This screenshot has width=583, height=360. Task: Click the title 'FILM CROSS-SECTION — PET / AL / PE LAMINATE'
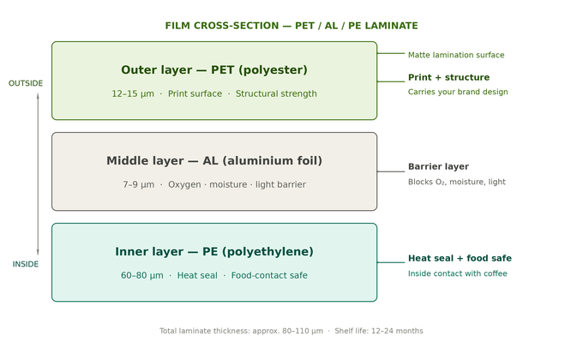click(291, 26)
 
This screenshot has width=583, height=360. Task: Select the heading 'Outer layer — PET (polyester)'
click(214, 70)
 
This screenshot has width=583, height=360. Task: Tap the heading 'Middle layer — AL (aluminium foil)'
click(214, 161)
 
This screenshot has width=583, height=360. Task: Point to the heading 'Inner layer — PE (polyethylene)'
click(214, 252)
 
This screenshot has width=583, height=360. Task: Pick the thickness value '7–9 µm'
click(139, 185)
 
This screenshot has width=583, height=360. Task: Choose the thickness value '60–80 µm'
click(142, 276)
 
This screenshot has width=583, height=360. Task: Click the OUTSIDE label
click(26, 83)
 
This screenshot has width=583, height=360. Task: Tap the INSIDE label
click(26, 264)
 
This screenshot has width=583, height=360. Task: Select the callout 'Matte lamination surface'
click(456, 55)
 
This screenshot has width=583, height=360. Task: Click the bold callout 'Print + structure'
click(448, 77)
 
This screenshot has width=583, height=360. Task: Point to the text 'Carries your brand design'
click(458, 92)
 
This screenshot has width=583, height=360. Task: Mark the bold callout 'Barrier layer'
click(438, 167)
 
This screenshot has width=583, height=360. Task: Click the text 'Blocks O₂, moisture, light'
click(457, 182)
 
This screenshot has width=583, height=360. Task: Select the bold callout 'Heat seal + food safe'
click(460, 258)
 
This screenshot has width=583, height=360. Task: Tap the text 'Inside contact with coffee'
click(457, 273)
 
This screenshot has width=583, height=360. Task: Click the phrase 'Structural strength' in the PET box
click(276, 94)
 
